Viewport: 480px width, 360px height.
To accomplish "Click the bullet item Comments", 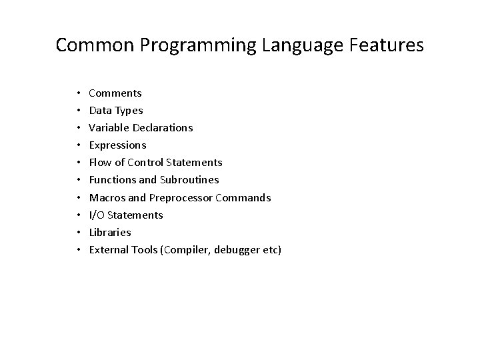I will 115,93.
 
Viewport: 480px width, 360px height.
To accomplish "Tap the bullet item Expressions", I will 117,145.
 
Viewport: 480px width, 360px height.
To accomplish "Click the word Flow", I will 100,163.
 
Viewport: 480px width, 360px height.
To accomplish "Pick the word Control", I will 146,163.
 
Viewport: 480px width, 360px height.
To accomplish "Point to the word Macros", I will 105,197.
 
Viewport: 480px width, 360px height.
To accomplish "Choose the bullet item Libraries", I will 110,232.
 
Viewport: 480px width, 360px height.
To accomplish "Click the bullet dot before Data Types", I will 78,111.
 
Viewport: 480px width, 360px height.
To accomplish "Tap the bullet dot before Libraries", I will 78,232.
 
